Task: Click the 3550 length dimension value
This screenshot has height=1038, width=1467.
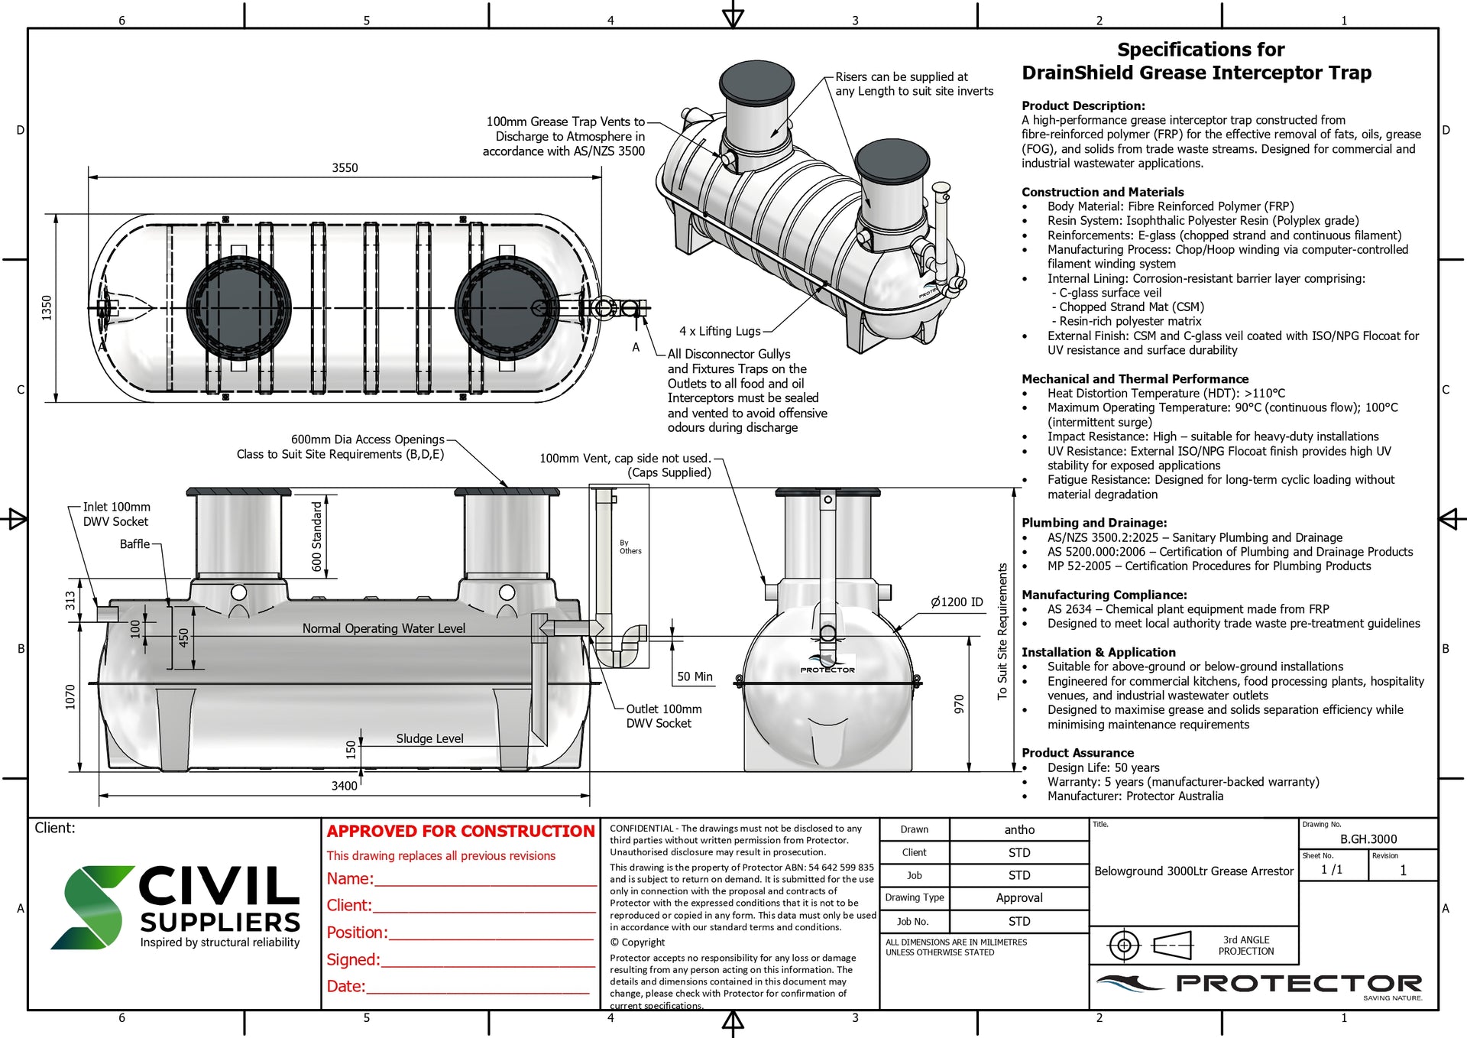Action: [345, 168]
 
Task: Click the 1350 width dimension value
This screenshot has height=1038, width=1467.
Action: [47, 307]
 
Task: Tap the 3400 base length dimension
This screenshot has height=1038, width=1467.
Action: [344, 786]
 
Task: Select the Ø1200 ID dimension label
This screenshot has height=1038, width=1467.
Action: [957, 602]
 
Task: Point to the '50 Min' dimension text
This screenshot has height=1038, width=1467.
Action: [695, 676]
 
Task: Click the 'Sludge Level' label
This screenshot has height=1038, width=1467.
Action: [429, 738]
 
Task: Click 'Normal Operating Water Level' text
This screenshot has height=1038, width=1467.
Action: [384, 628]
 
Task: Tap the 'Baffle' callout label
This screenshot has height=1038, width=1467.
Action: [134, 544]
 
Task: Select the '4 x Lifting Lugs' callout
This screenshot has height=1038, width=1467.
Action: [720, 331]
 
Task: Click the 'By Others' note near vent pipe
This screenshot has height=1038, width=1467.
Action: [630, 547]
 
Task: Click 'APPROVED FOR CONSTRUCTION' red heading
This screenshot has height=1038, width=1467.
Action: [461, 831]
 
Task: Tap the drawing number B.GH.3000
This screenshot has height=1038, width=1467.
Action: [1368, 839]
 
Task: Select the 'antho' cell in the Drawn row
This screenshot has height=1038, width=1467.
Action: [1019, 829]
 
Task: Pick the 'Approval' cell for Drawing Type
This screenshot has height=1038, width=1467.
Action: [1019, 898]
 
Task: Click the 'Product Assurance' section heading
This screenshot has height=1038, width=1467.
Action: [1077, 753]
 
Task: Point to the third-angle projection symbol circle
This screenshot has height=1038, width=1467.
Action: [1124, 946]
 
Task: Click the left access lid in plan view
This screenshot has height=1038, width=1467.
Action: [239, 308]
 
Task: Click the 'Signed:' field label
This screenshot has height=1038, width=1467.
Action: [353, 959]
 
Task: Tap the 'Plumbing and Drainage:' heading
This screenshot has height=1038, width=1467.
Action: [1094, 523]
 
